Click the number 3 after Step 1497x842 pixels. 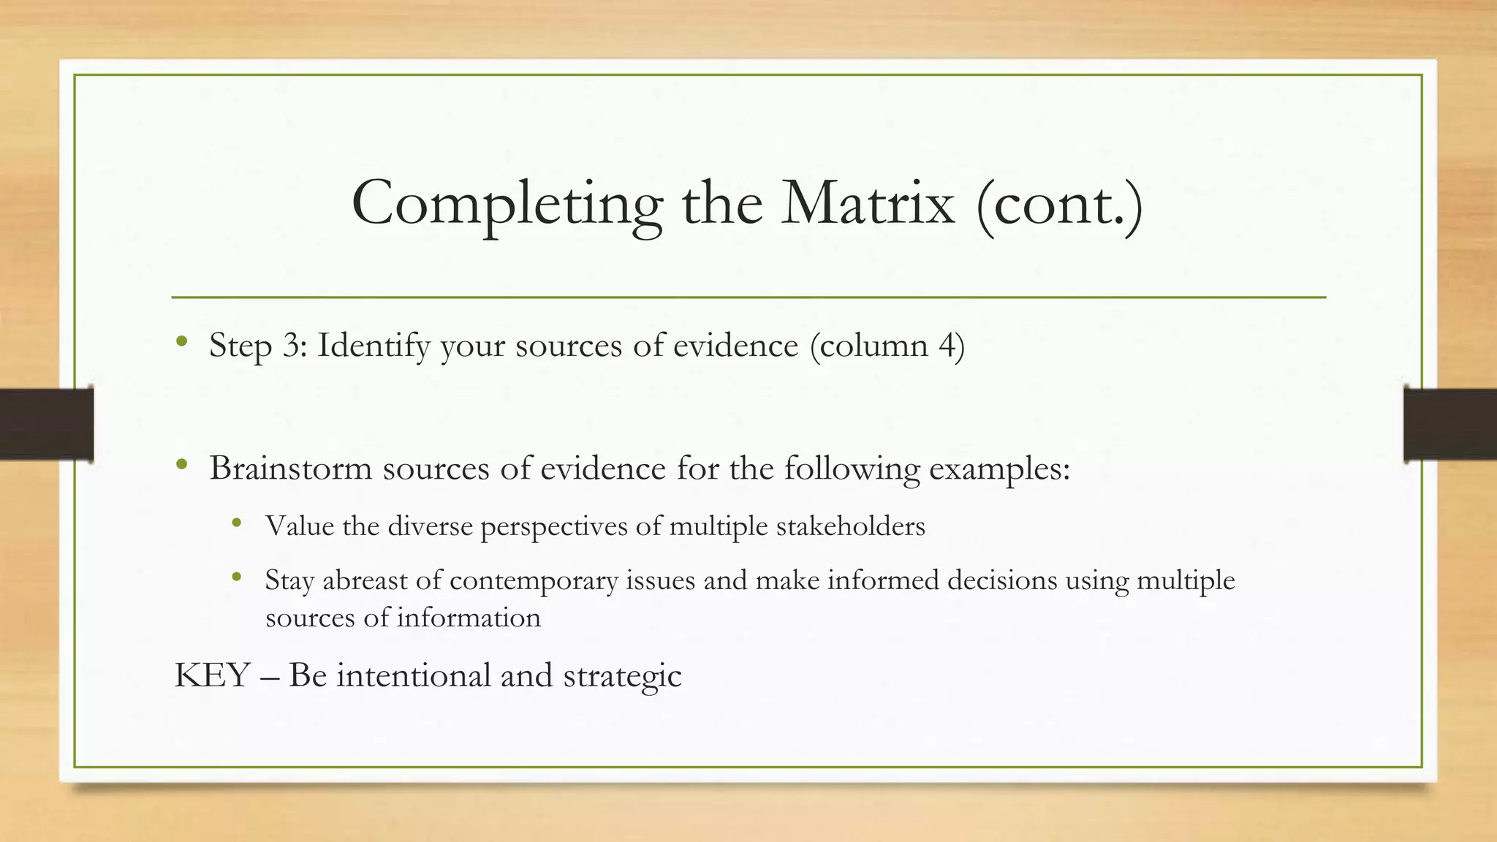click(294, 345)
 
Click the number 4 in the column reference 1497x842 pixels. click(947, 345)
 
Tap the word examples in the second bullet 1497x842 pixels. click(998, 469)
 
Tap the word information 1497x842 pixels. click(469, 618)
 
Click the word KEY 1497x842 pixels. click(212, 675)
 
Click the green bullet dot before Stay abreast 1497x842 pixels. click(236, 577)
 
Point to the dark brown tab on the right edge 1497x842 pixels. click(1450, 424)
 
